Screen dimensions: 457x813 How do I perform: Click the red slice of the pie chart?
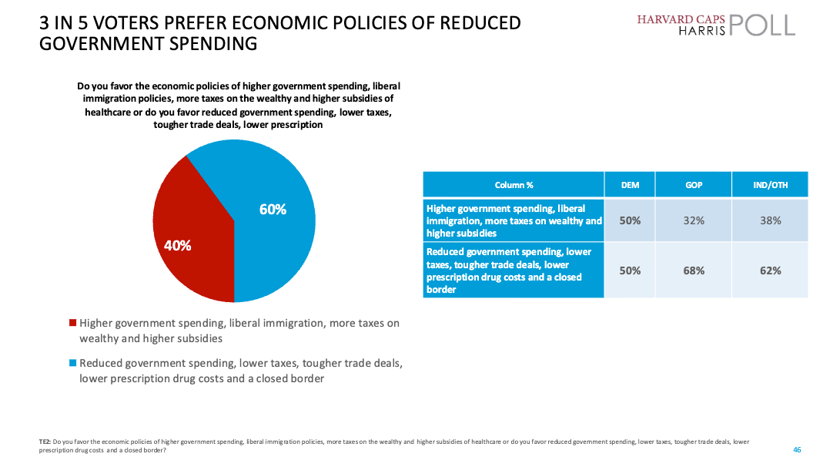[x=192, y=231]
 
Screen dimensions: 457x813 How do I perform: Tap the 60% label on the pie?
[x=273, y=209]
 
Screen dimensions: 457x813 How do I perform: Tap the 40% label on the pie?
[x=177, y=246]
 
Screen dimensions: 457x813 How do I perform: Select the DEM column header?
[x=630, y=185]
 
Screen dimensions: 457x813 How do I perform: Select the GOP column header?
[x=693, y=185]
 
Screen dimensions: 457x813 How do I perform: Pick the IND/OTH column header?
[x=770, y=185]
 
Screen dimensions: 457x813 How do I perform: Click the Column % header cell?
[x=514, y=185]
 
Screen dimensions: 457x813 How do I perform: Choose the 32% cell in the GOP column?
[x=693, y=220]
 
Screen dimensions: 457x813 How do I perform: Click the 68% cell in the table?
[x=693, y=271]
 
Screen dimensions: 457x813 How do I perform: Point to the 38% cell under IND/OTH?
[x=770, y=220]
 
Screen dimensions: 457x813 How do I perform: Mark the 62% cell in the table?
[x=770, y=271]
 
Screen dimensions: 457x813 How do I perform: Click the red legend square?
[x=73, y=324]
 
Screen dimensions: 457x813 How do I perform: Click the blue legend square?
[x=73, y=363]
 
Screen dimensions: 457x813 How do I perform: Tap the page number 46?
[x=797, y=449]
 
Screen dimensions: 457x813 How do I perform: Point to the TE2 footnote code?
[x=45, y=442]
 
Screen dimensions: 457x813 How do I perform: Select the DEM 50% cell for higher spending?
[x=630, y=220]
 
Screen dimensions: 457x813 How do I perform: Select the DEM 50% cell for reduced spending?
[x=630, y=271]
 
